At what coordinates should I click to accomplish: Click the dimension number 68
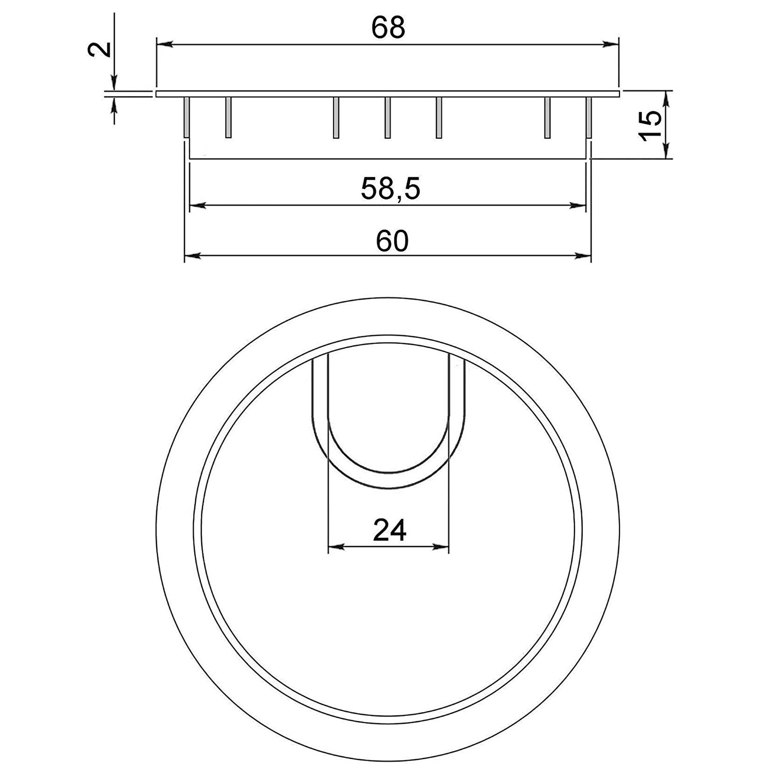point(388,28)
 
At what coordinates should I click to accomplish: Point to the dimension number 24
point(390,530)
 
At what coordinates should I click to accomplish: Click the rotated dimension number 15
point(650,125)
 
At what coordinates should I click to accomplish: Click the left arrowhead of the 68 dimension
point(165,44)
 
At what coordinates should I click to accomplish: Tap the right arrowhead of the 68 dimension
point(610,44)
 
